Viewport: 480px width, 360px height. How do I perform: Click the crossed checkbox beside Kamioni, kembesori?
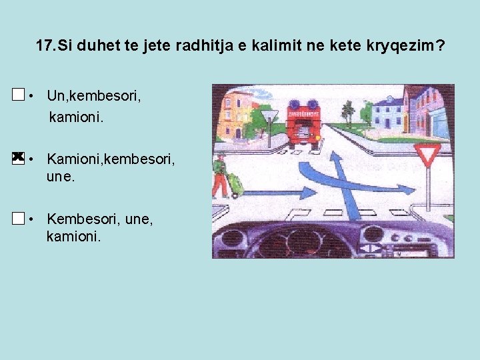click(x=18, y=157)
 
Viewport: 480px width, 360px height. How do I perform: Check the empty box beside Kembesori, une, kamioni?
click(x=18, y=218)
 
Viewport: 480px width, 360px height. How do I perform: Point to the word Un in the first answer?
click(x=55, y=96)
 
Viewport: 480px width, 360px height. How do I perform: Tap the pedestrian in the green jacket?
click(x=220, y=176)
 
